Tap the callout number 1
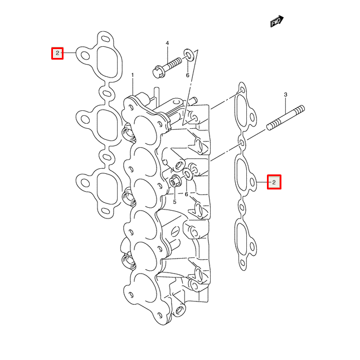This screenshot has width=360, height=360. (133, 75)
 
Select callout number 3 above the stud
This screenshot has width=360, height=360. (285, 95)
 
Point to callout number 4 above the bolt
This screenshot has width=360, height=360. (167, 43)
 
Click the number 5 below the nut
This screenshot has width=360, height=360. (174, 202)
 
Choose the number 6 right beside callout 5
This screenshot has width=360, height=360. (187, 194)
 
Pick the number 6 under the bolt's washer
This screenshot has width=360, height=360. (188, 75)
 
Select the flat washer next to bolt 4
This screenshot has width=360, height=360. (189, 54)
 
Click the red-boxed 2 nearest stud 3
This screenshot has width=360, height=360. (274, 182)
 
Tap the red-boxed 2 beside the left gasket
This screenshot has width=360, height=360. (56, 53)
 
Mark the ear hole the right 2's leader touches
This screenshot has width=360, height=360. (254, 181)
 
